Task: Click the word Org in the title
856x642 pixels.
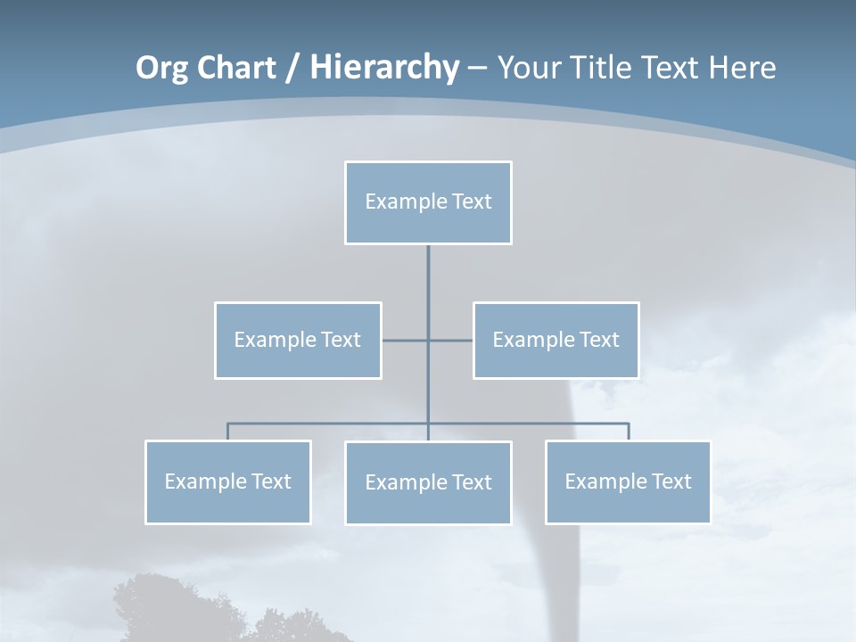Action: (x=163, y=68)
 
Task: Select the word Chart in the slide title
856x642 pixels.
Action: (x=235, y=68)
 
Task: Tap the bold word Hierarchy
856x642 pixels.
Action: (x=384, y=68)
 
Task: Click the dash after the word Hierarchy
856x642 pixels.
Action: (x=477, y=70)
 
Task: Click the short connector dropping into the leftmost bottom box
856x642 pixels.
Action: (x=228, y=432)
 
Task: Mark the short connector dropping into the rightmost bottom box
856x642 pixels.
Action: (x=629, y=432)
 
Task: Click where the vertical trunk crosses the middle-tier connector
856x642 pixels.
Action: (x=428, y=340)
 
